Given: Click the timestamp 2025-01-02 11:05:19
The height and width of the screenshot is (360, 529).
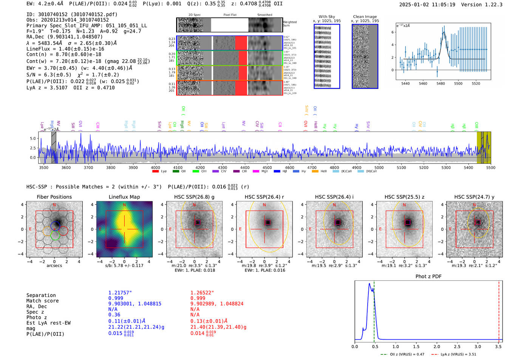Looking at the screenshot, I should (427, 5).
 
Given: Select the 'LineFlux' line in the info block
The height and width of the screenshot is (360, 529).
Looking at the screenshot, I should (65, 49).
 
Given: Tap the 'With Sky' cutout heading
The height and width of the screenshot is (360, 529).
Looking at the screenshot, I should (326, 17).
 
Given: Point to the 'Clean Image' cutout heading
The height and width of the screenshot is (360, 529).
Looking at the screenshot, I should (365, 17).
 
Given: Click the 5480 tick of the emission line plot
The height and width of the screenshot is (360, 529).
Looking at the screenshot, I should (441, 83).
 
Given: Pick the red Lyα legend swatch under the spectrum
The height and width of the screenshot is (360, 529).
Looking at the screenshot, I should (155, 172).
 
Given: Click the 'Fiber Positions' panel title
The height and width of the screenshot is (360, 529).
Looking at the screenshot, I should (54, 197).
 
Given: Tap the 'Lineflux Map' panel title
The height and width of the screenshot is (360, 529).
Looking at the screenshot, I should (124, 197).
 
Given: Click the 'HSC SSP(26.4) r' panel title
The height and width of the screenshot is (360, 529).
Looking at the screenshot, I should (264, 197).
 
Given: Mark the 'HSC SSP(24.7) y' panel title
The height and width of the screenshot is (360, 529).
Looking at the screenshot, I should (474, 197).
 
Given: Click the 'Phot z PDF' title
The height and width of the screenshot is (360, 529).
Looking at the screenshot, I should (428, 277).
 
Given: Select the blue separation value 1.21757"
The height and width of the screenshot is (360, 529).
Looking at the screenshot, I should (120, 293).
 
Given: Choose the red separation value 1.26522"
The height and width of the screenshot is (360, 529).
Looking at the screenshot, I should (202, 293).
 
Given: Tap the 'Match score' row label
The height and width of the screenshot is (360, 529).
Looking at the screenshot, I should (42, 301).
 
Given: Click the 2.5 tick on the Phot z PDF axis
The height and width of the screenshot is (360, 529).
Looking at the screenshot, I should (457, 346).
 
